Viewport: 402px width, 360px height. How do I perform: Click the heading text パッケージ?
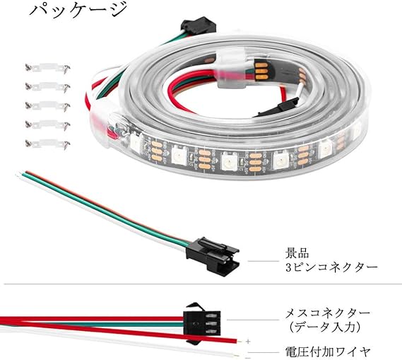point(78,10)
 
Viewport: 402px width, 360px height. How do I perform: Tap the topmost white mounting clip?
point(47,69)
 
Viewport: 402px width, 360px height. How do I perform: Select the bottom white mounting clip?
point(47,144)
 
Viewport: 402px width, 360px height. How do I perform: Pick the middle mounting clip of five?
point(47,105)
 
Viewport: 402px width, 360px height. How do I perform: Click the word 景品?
point(297,252)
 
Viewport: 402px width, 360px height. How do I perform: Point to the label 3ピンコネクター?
point(331,267)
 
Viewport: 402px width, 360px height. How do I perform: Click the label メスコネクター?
point(328,313)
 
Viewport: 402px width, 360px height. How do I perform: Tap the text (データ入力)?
point(325,327)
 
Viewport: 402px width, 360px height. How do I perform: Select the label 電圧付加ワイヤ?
point(328,352)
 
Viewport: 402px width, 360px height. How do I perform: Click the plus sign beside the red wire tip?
point(248,342)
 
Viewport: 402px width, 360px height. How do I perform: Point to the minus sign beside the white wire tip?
point(248,357)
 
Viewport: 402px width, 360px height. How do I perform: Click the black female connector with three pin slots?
point(202,323)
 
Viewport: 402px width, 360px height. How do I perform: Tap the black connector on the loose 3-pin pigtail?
point(213,256)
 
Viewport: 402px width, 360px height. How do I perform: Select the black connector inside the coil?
point(278,108)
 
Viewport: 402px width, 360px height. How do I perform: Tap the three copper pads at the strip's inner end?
point(261,70)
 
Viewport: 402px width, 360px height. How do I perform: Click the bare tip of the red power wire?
point(240,342)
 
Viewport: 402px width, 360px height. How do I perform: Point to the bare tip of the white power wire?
point(238,355)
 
